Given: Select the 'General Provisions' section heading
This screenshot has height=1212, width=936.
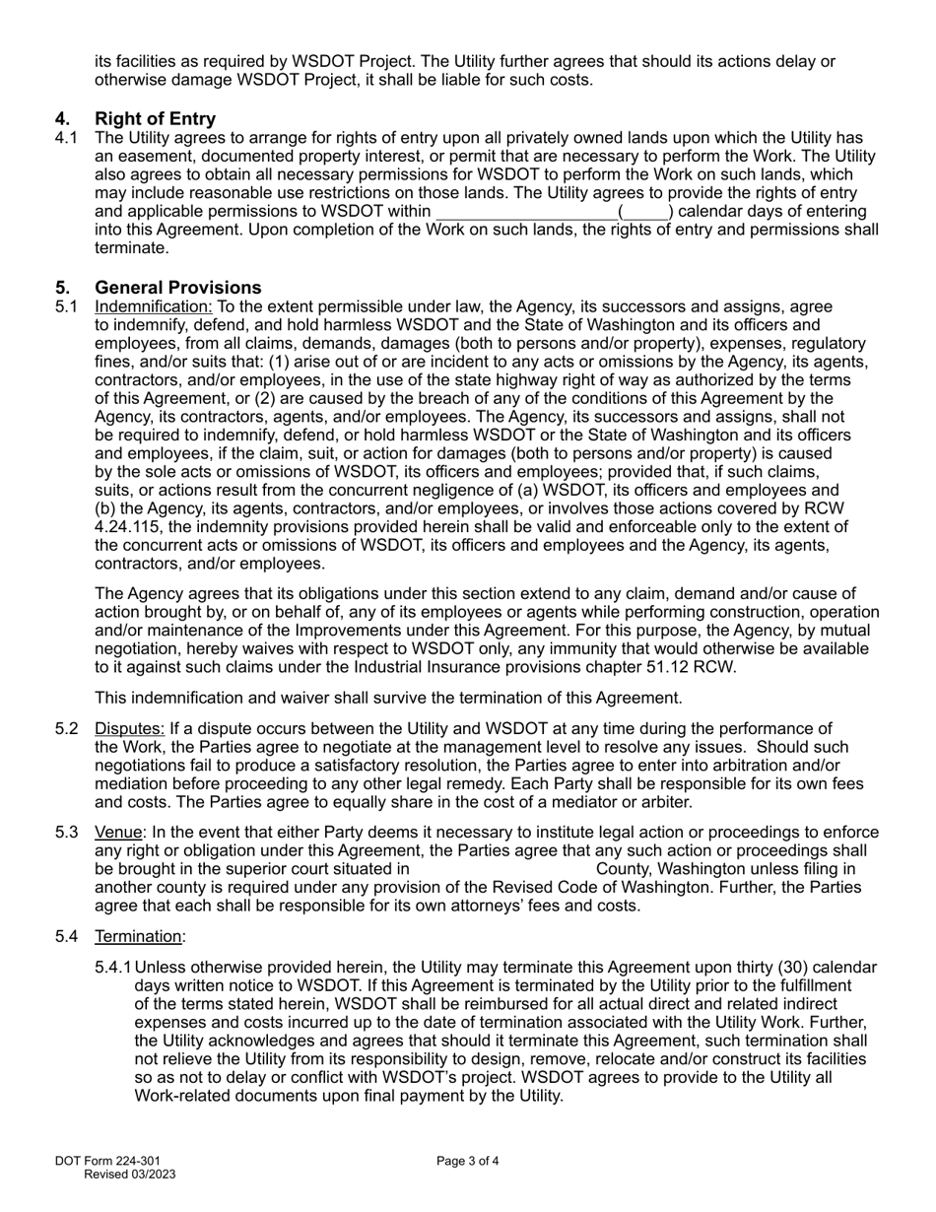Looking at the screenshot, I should point(177,288).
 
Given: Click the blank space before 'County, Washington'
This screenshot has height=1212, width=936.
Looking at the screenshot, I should point(502,869).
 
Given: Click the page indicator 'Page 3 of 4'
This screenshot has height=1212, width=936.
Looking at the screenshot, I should point(468,1161).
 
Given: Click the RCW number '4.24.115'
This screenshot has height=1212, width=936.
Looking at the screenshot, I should point(126,527).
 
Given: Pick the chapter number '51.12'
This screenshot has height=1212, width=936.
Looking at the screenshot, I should point(660,667).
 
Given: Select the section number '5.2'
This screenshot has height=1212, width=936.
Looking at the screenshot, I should point(67,729).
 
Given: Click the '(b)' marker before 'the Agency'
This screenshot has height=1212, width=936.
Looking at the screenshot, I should point(105,508).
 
